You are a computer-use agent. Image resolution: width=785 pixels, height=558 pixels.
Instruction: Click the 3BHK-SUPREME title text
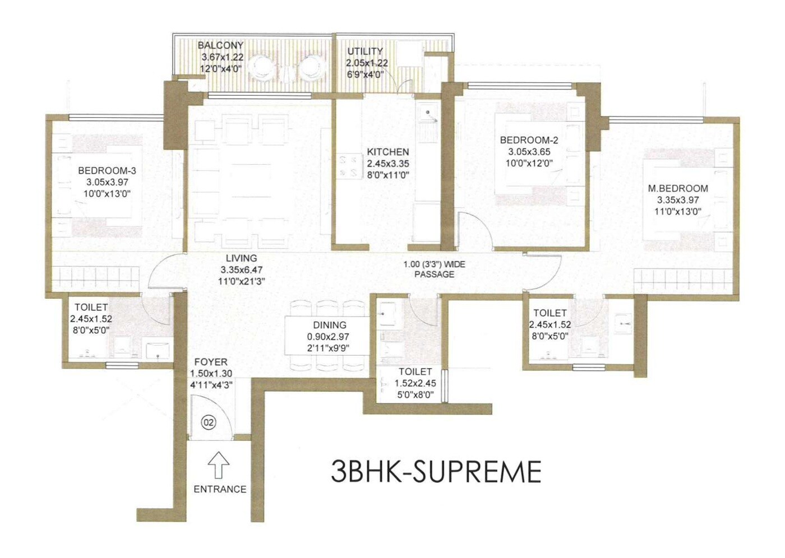(436, 471)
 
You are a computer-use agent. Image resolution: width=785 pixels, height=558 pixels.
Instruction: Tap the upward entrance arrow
(219, 465)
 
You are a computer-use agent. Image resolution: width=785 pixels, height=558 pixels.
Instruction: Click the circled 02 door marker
(209, 422)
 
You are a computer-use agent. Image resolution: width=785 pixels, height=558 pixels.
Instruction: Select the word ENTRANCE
(220, 489)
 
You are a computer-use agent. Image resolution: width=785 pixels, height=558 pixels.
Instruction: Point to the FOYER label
(211, 362)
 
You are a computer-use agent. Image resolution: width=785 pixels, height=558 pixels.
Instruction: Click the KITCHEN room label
(387, 152)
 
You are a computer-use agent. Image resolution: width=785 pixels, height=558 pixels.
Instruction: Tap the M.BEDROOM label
(678, 189)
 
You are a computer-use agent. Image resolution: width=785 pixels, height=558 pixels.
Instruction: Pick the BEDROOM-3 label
(107, 170)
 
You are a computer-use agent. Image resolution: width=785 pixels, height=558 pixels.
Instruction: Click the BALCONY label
(220, 45)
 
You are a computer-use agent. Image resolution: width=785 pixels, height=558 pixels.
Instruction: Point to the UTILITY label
(364, 51)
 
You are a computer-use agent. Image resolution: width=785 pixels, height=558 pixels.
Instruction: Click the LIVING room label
(241, 258)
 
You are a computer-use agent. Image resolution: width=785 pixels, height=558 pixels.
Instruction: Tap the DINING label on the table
(330, 325)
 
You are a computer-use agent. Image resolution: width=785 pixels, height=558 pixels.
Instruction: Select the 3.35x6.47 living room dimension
(241, 269)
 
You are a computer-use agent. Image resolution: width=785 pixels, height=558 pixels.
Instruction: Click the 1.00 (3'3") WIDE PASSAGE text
(434, 269)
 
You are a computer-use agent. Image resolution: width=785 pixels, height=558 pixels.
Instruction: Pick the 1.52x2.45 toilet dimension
(415, 383)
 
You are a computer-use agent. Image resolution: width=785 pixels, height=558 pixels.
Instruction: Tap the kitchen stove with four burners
(348, 166)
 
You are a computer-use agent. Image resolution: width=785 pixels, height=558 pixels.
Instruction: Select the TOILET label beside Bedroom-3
(91, 307)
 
